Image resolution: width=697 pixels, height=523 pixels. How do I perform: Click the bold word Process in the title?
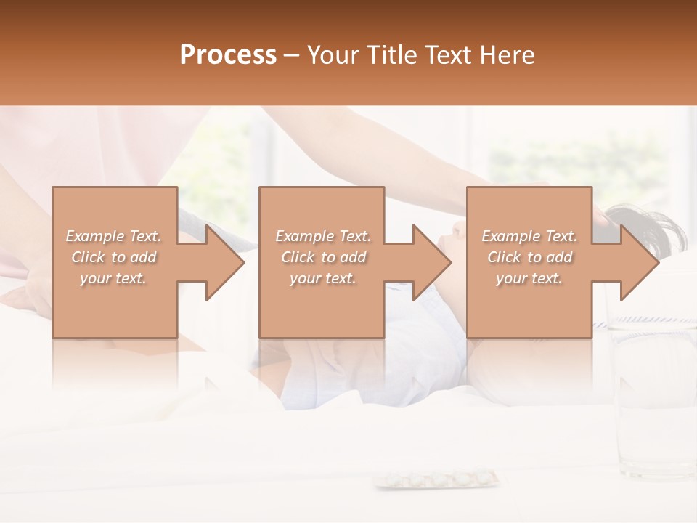228,55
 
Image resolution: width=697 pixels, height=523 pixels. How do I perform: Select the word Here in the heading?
506,55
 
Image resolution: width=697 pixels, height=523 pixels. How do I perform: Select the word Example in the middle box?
303,236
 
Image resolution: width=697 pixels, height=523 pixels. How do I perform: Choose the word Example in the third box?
510,236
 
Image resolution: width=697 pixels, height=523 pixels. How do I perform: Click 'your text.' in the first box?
113,278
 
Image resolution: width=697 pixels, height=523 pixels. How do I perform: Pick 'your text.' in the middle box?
322,278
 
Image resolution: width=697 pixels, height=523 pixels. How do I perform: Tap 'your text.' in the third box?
529,278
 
